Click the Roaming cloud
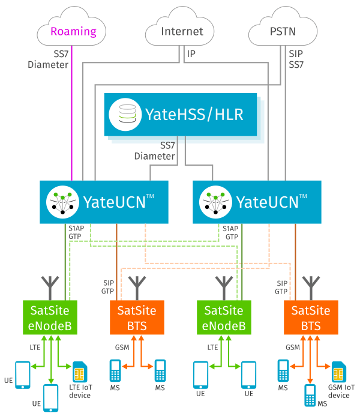tap(72, 31)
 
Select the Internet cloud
tap(182, 31)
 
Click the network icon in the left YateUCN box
tap(64, 200)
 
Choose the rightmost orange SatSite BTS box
tap(310, 318)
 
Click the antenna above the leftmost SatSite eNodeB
tap(49, 287)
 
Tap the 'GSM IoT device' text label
tap(339, 391)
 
